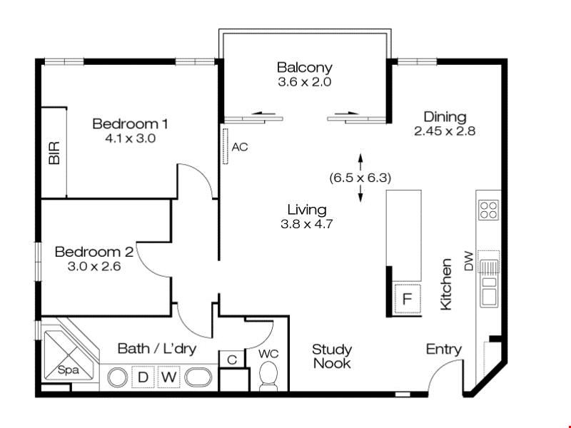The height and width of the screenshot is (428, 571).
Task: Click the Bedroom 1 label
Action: point(130,123)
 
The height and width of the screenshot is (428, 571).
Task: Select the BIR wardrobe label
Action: point(54,153)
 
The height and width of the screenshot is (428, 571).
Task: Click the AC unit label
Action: point(240,147)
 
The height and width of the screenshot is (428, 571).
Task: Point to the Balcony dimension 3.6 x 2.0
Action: point(305,82)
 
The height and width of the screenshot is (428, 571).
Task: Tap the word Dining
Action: point(445,117)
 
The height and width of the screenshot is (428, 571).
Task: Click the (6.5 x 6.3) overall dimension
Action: point(360,178)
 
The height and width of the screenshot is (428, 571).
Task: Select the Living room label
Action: point(307,210)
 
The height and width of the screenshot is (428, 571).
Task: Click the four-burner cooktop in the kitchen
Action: point(488,210)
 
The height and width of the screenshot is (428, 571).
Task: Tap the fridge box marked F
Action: point(407,298)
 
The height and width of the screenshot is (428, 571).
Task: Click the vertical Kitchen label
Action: point(447,284)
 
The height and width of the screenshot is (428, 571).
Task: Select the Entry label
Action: point(443,350)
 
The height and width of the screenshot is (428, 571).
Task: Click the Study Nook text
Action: point(332,356)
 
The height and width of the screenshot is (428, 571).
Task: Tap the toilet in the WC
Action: point(268,375)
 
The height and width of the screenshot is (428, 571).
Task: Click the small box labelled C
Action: point(231,360)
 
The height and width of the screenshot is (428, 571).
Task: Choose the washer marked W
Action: point(168,377)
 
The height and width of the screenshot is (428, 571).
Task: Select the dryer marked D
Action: point(143,377)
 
